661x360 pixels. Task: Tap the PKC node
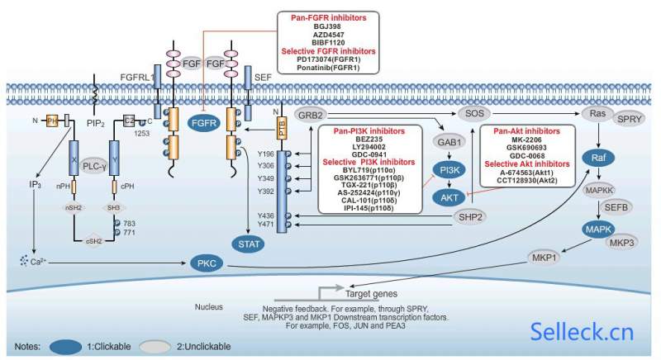[206, 263]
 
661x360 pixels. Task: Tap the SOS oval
[474, 113]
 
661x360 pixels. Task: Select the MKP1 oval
[547, 258]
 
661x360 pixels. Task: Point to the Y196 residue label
[264, 154]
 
